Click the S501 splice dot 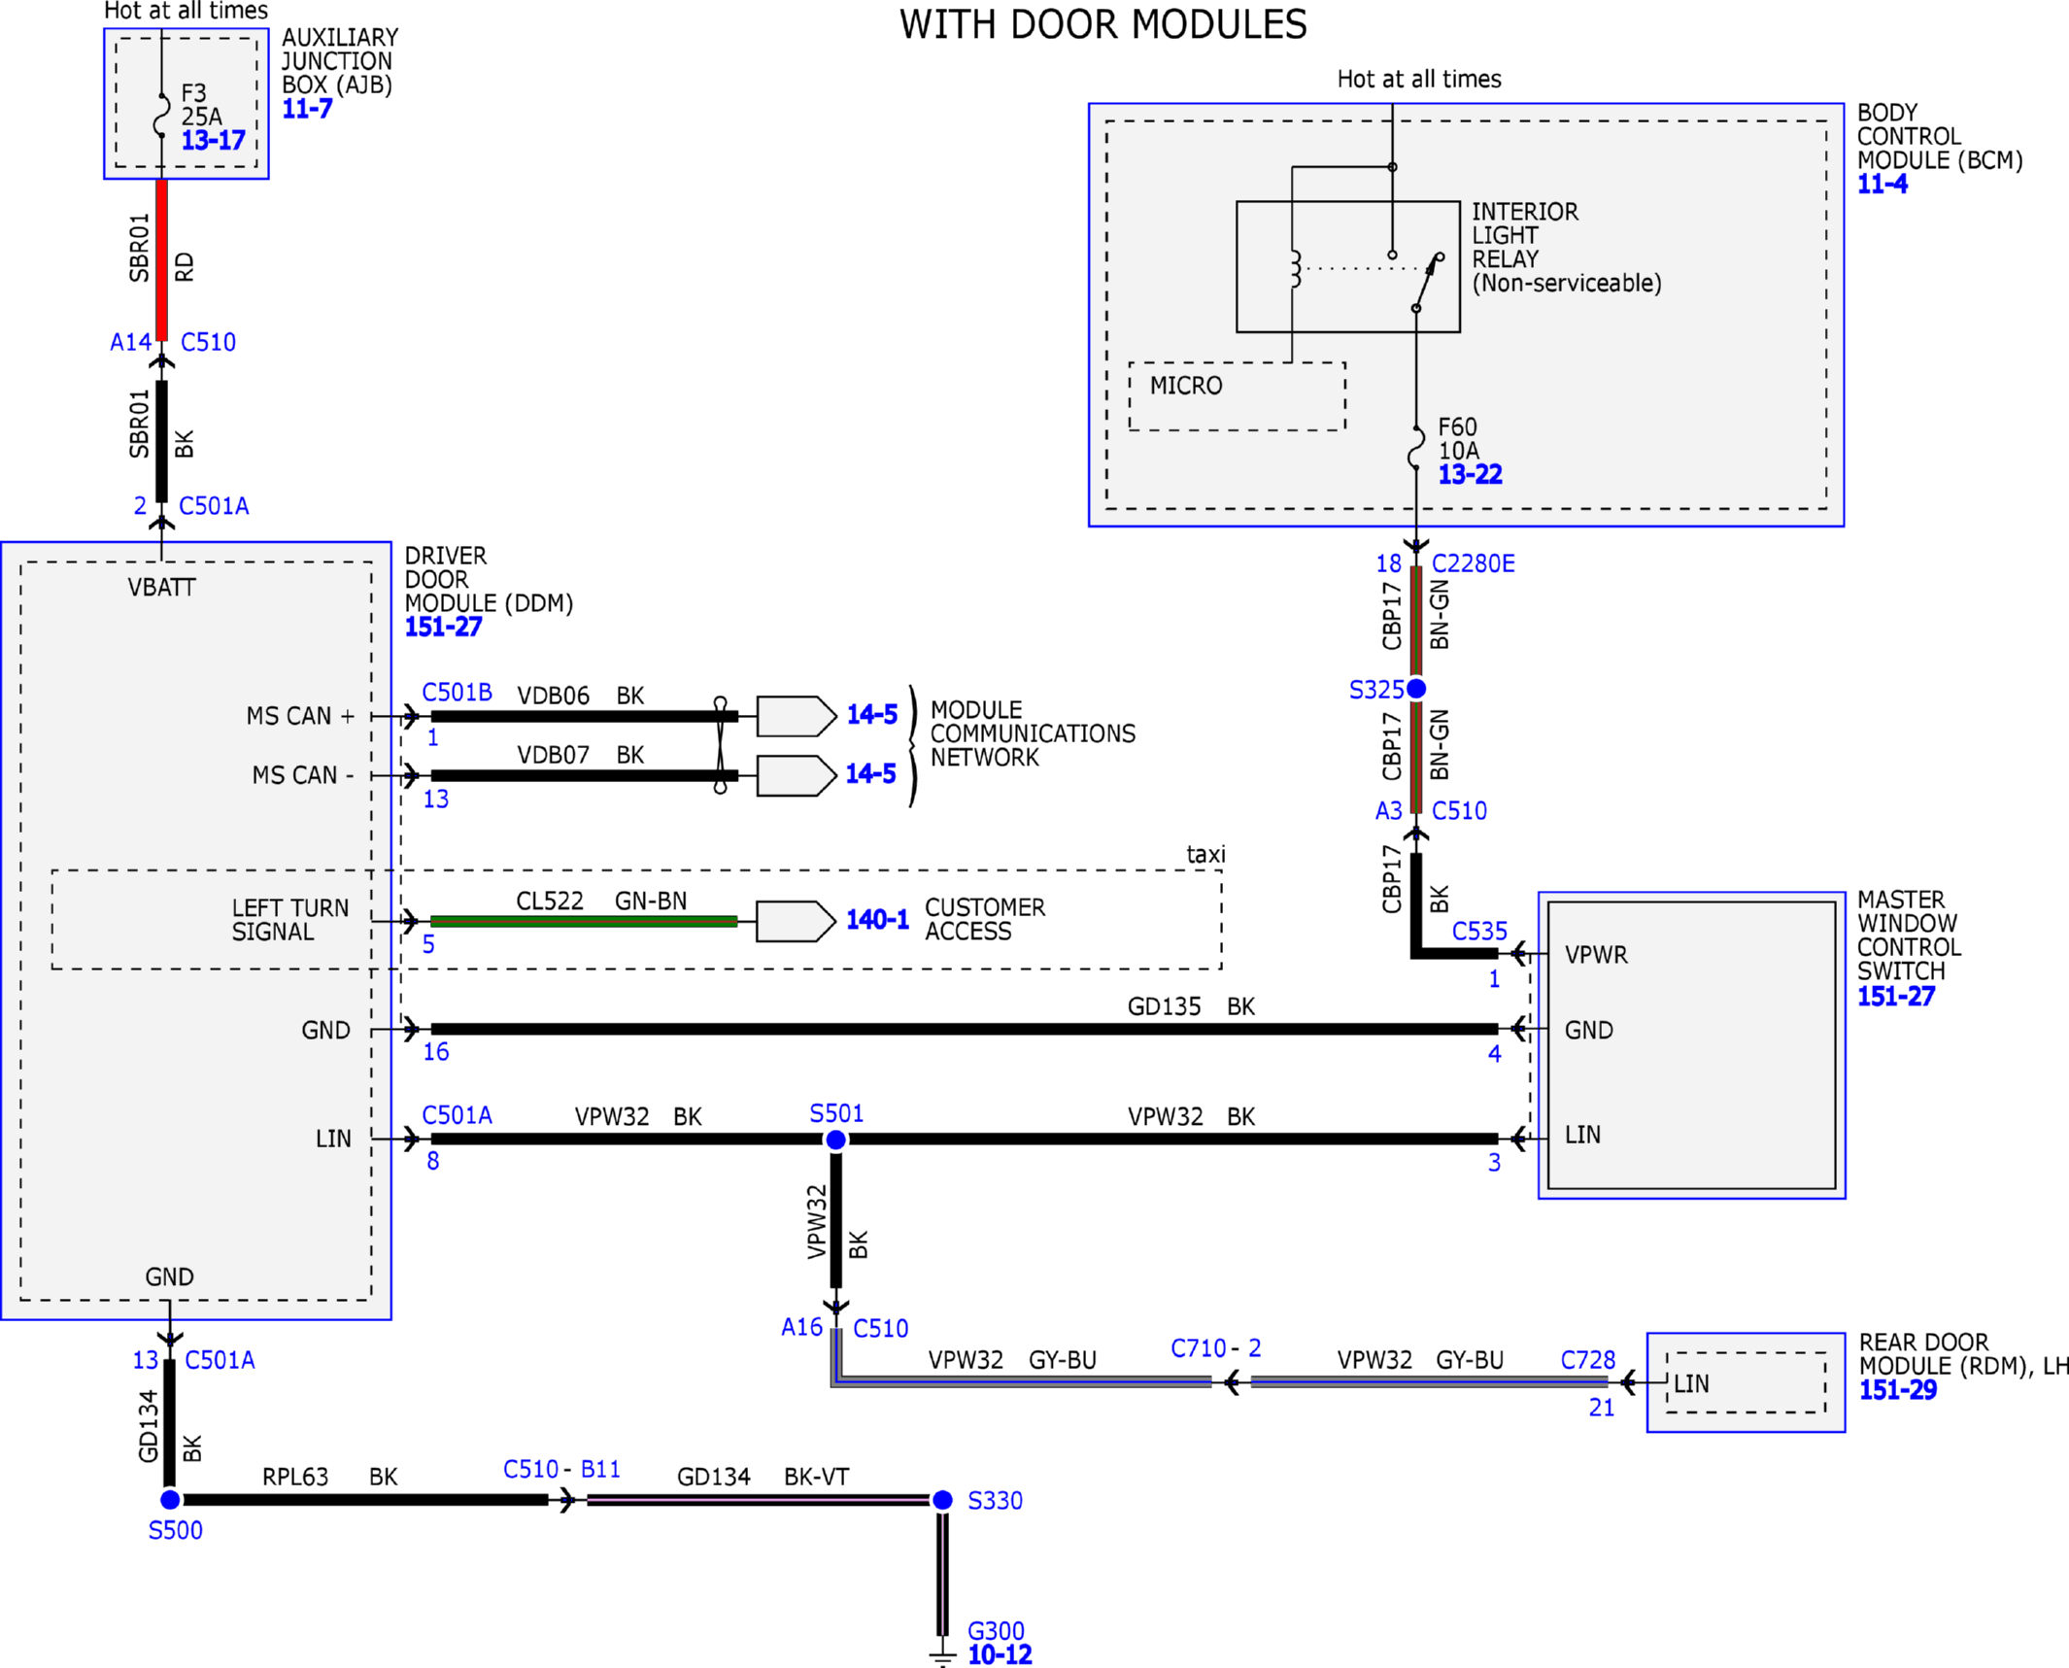(835, 1140)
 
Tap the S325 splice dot (1416, 688)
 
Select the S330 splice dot (942, 1500)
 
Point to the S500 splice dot (170, 1499)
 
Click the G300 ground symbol (942, 1655)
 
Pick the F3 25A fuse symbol (162, 115)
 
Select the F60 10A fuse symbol (1416, 447)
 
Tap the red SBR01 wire (162, 259)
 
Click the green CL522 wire (584, 921)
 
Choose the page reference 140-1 (877, 919)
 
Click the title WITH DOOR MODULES (1102, 24)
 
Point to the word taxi (1205, 854)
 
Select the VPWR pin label (1596, 955)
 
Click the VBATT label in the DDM (161, 587)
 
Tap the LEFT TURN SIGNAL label (289, 919)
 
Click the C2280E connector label (1473, 563)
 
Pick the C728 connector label (1587, 1360)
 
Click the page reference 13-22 (1470, 474)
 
